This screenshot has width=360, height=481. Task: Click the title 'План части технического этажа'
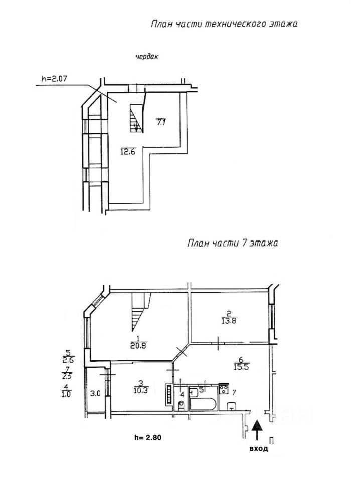tap(224, 24)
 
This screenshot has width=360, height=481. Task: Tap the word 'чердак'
tap(147, 57)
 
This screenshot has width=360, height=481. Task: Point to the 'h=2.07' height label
tap(54, 78)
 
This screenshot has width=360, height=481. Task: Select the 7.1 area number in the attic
tap(161, 122)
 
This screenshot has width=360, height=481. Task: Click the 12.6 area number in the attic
tap(128, 151)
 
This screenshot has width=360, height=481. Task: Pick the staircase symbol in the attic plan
tap(136, 118)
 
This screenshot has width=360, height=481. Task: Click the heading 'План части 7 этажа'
tap(233, 243)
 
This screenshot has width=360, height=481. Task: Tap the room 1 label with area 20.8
tap(138, 342)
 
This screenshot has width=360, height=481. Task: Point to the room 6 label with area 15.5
tap(241, 363)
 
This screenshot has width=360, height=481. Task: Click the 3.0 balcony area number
tap(95, 393)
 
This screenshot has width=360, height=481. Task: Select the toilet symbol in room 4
tap(182, 405)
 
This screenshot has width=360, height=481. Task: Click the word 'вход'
tap(259, 449)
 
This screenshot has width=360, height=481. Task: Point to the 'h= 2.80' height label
tap(148, 438)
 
